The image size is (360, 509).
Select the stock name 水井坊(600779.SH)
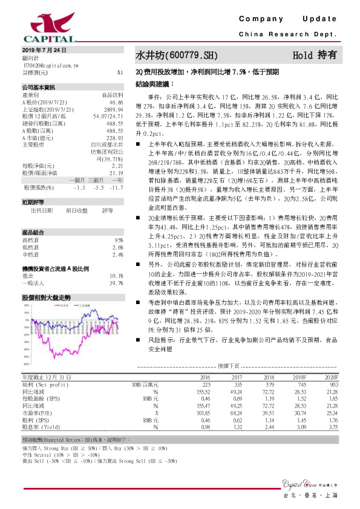click(x=175, y=55)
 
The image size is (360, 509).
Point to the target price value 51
click(x=120, y=72)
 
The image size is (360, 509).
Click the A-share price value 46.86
click(x=117, y=103)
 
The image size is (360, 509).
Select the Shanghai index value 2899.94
click(x=114, y=109)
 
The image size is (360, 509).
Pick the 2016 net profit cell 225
click(x=206, y=384)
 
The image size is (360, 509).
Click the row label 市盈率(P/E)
click(x=36, y=412)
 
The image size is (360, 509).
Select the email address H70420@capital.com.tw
click(x=49, y=64)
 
